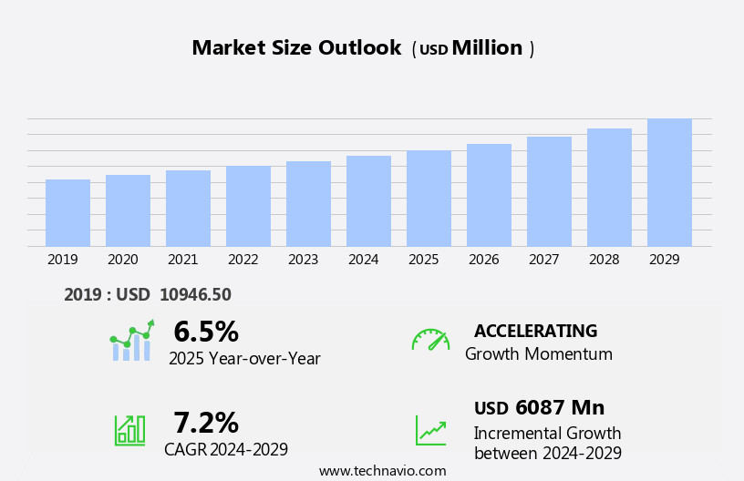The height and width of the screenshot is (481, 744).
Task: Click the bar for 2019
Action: pyautogui.click(x=67, y=213)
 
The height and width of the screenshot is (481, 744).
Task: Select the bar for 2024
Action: pyautogui.click(x=368, y=201)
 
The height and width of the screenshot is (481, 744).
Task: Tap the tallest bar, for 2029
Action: pyautogui.click(x=669, y=182)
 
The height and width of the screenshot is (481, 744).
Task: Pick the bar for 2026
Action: pyautogui.click(x=489, y=195)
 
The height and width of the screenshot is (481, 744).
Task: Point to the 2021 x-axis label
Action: pyautogui.click(x=182, y=260)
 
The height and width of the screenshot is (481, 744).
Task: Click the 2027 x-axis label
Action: pyautogui.click(x=543, y=260)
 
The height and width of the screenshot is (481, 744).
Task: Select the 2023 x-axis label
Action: pyautogui.click(x=303, y=260)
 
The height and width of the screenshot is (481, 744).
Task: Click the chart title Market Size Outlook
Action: pyautogui.click(x=296, y=48)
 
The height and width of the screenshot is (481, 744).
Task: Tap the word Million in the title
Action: pyautogui.click(x=487, y=48)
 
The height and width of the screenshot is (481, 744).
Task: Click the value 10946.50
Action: pyautogui.click(x=195, y=294)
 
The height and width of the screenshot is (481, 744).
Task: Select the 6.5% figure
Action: pyautogui.click(x=206, y=332)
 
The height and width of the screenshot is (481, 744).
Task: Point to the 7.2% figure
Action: pyautogui.click(x=206, y=423)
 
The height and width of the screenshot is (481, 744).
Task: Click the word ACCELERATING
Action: pyautogui.click(x=535, y=331)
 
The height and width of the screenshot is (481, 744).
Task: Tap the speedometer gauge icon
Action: pyautogui.click(x=430, y=341)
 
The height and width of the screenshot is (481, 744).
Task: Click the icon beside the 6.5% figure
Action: pyautogui.click(x=132, y=341)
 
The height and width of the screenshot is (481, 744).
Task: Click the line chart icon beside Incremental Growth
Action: pyautogui.click(x=430, y=430)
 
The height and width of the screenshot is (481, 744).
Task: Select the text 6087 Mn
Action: pyautogui.click(x=559, y=408)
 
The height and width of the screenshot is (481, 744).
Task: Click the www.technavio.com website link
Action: pyautogui.click(x=382, y=471)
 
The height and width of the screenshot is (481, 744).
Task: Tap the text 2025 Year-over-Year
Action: pyautogui.click(x=244, y=359)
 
